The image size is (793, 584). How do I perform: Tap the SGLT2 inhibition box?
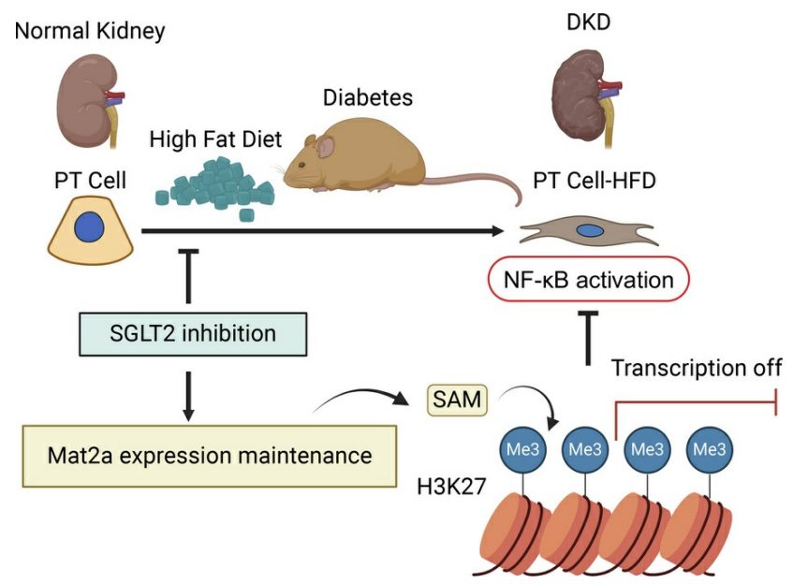point(191,333)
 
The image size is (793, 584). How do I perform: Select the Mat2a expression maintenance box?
point(209,456)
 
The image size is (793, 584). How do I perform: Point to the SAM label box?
point(456,401)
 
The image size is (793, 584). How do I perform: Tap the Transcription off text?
point(696,369)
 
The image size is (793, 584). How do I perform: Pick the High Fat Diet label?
point(215,140)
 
